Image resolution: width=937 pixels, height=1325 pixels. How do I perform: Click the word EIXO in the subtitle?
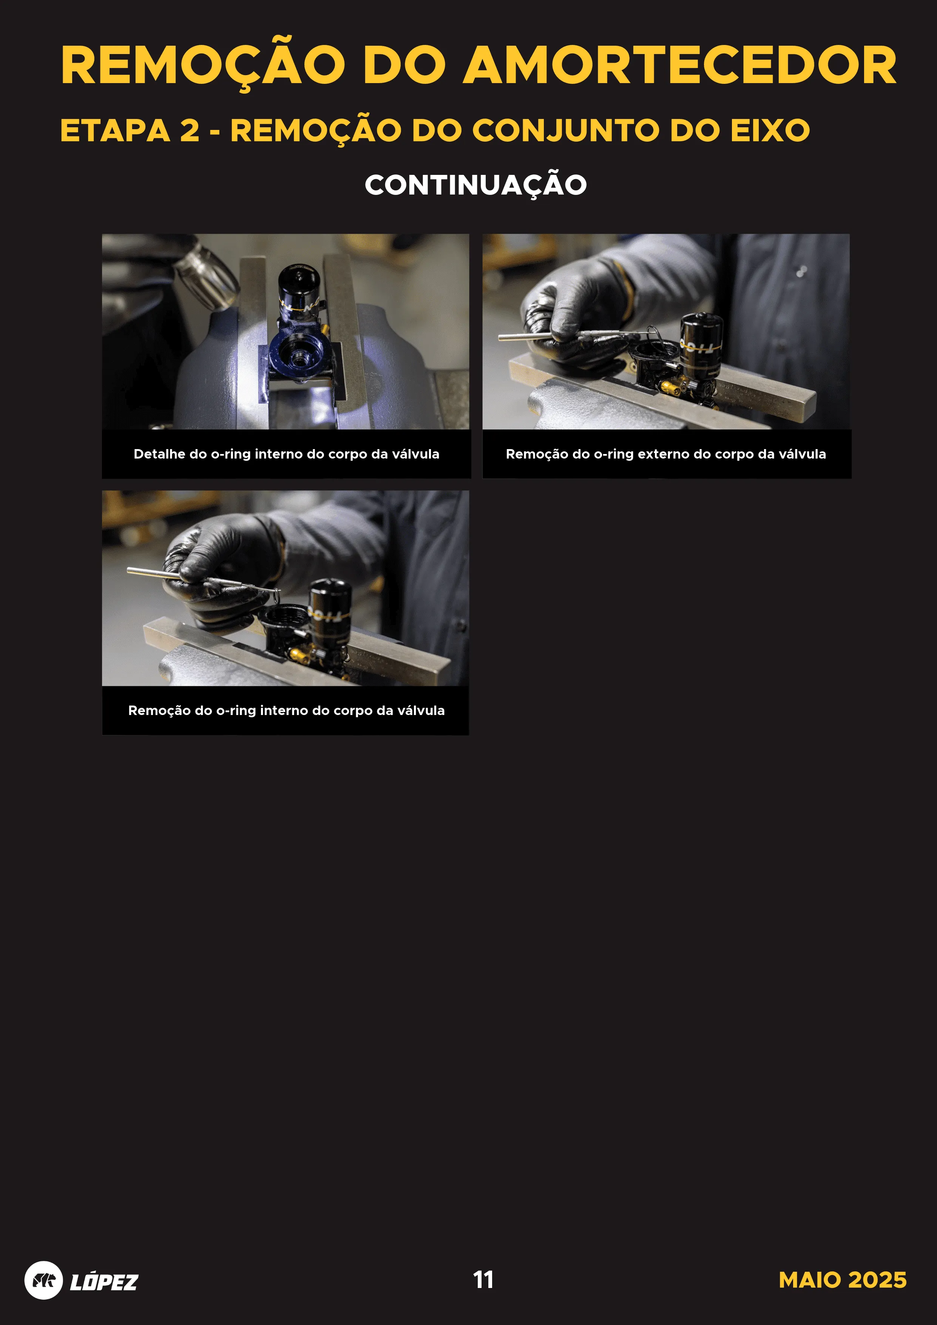[x=770, y=130]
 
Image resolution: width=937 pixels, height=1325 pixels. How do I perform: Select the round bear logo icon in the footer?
[x=43, y=1280]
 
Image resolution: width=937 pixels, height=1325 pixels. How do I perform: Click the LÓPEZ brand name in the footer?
[x=104, y=1281]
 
